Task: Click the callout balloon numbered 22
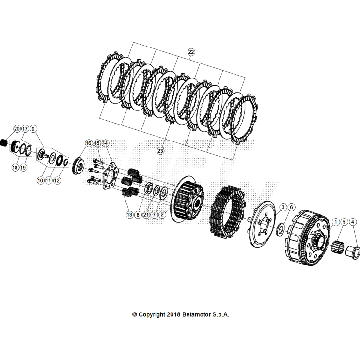click(x=191, y=52)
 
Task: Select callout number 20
click(x=17, y=129)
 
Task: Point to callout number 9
click(x=33, y=129)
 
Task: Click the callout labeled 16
click(x=89, y=143)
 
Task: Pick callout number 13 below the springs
click(x=129, y=214)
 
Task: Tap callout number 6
click(x=291, y=207)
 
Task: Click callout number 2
click(x=163, y=214)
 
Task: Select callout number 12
click(x=57, y=180)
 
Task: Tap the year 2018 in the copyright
click(x=173, y=314)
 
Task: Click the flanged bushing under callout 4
click(x=352, y=251)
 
